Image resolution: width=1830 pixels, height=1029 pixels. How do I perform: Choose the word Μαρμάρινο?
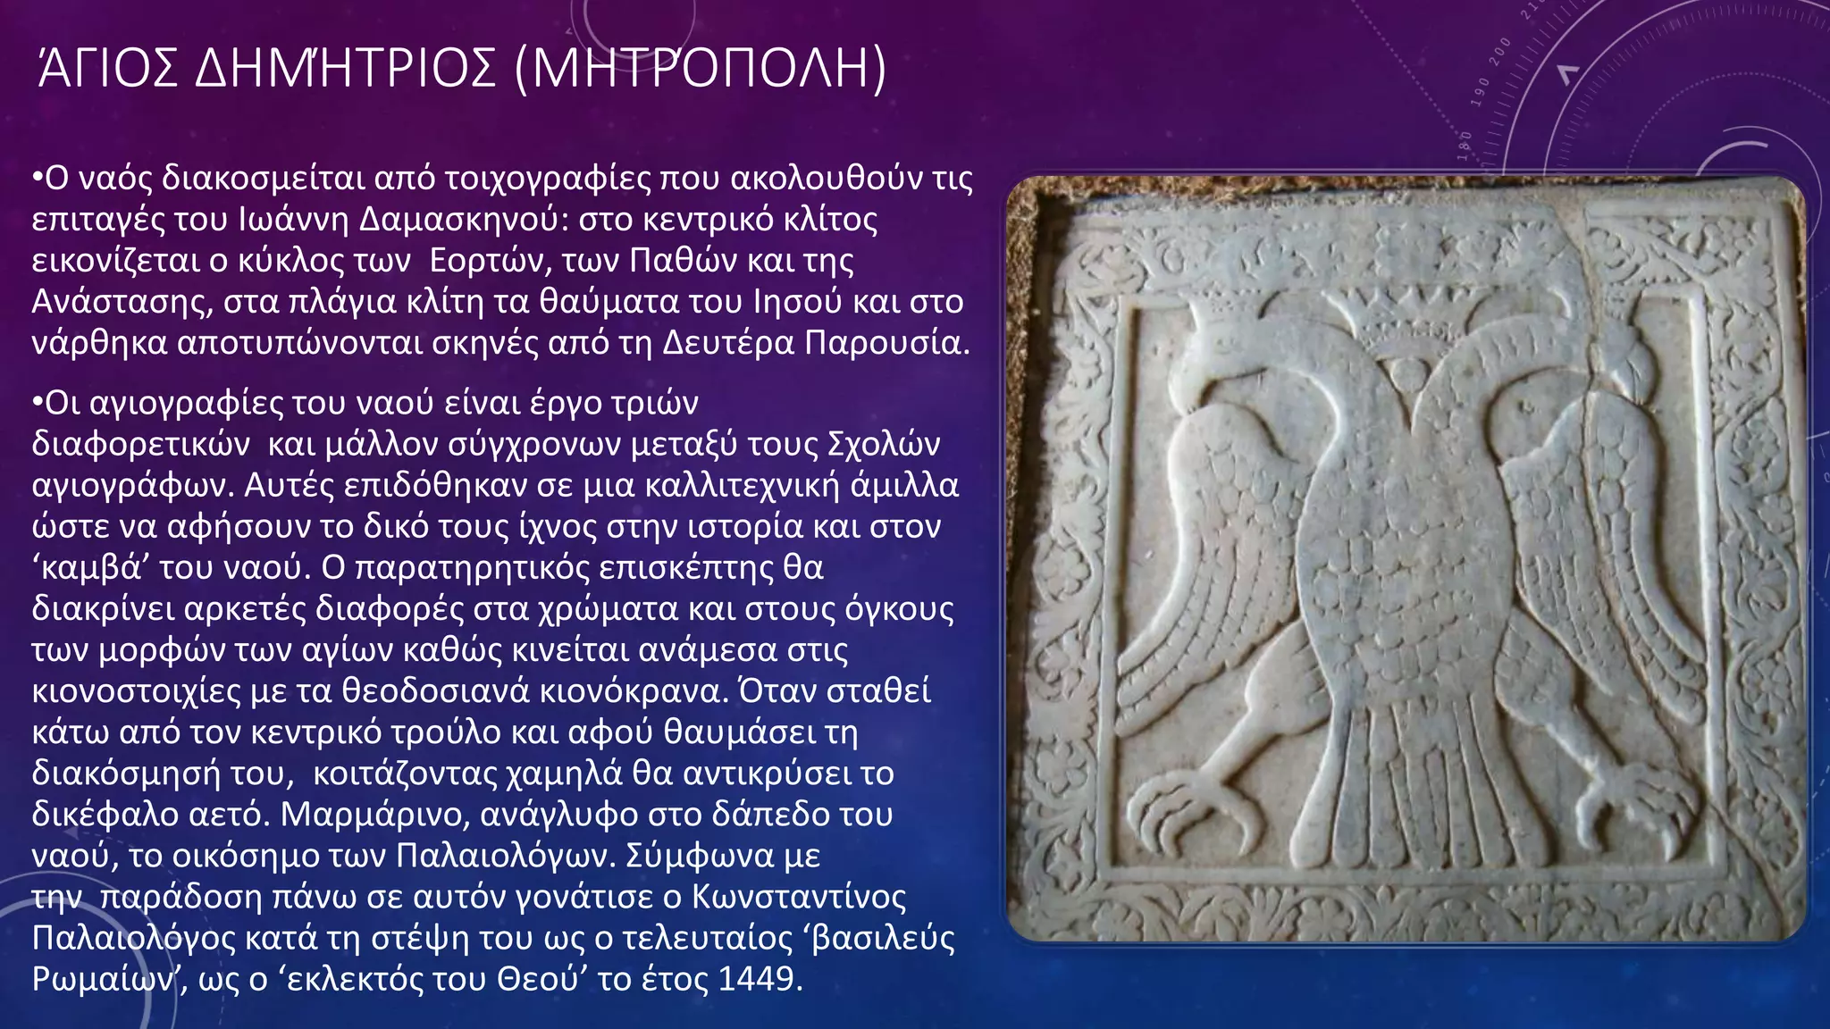coord(375,814)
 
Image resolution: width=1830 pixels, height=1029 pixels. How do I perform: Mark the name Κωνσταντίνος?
coord(799,896)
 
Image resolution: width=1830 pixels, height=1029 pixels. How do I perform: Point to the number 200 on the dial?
coord(1500,53)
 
